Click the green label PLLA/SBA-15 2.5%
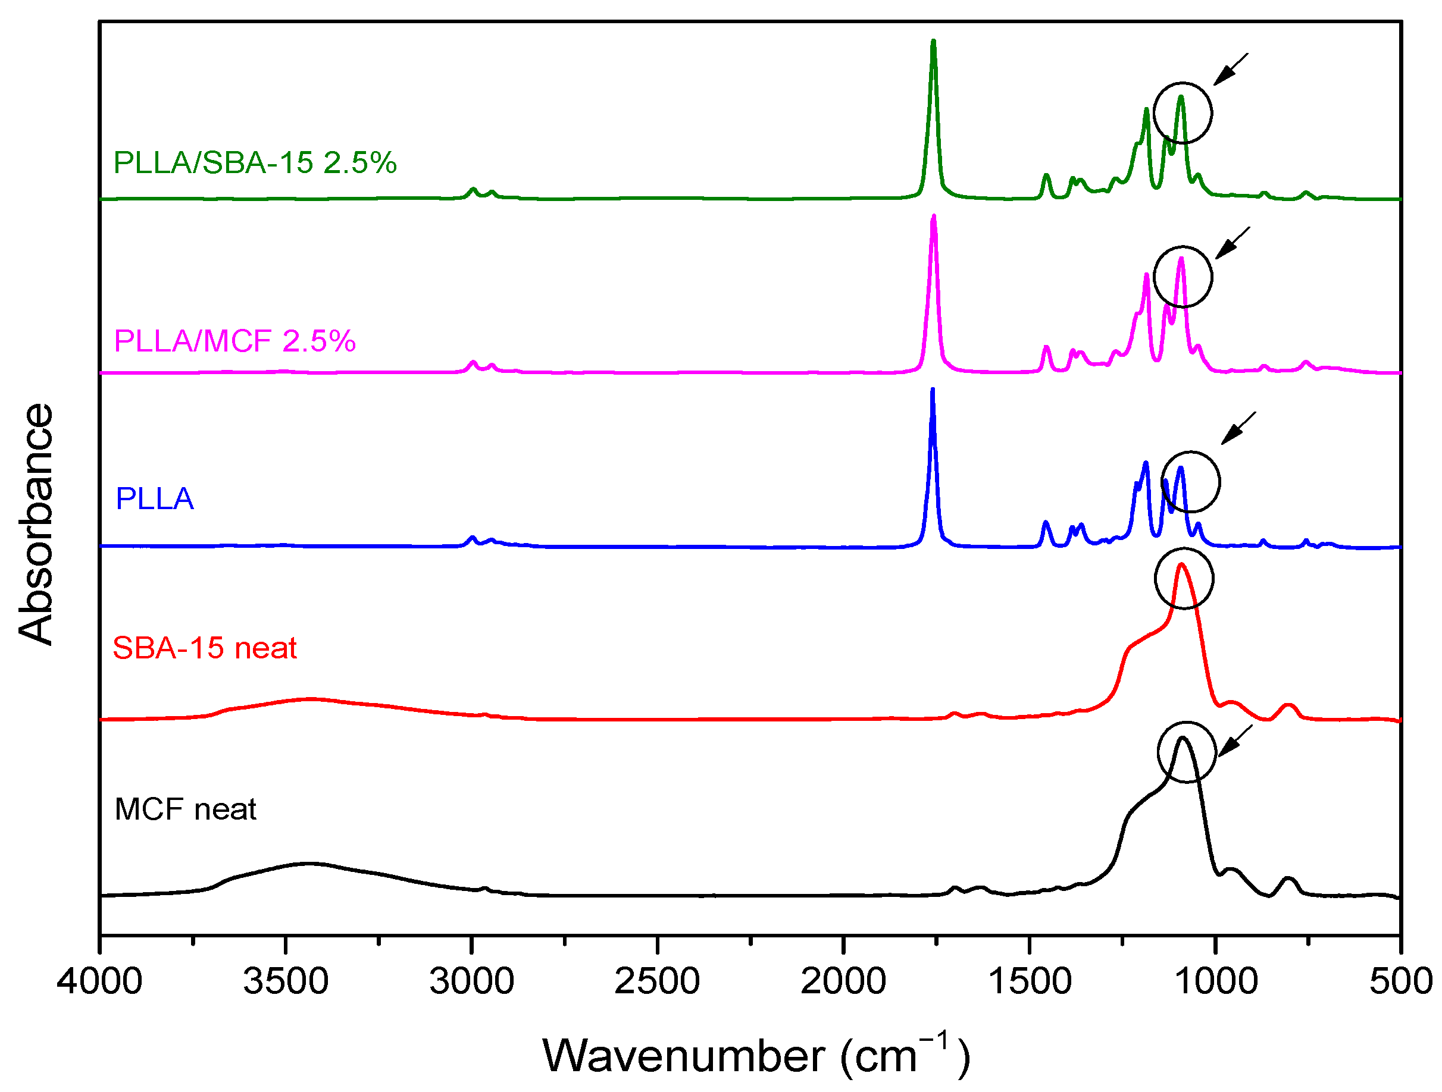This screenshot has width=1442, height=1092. pyautogui.click(x=255, y=163)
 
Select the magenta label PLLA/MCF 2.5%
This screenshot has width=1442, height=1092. pyautogui.click(x=234, y=341)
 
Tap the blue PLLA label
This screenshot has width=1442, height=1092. pyautogui.click(x=155, y=499)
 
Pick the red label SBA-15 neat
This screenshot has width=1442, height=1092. pyautogui.click(x=205, y=648)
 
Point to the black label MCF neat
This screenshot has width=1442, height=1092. pyautogui.click(x=185, y=809)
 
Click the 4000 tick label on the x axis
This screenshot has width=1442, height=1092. pyautogui.click(x=99, y=981)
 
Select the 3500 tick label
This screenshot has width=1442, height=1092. pyautogui.click(x=286, y=981)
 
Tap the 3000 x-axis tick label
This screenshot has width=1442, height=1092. pyautogui.click(x=471, y=981)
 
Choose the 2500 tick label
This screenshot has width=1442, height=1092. pyautogui.click(x=657, y=981)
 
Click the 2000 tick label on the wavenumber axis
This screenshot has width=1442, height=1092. pyautogui.click(x=843, y=981)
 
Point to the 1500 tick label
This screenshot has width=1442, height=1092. pyautogui.click(x=1030, y=981)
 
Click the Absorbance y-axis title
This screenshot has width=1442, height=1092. pyautogui.click(x=36, y=524)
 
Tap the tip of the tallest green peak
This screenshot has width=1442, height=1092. pyautogui.click(x=934, y=42)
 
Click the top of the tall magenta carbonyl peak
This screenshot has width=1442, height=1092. pyautogui.click(x=934, y=216)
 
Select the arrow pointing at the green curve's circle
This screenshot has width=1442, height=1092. pyautogui.click(x=1230, y=69)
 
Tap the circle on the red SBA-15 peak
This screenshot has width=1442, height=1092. pyautogui.click(x=1184, y=579)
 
